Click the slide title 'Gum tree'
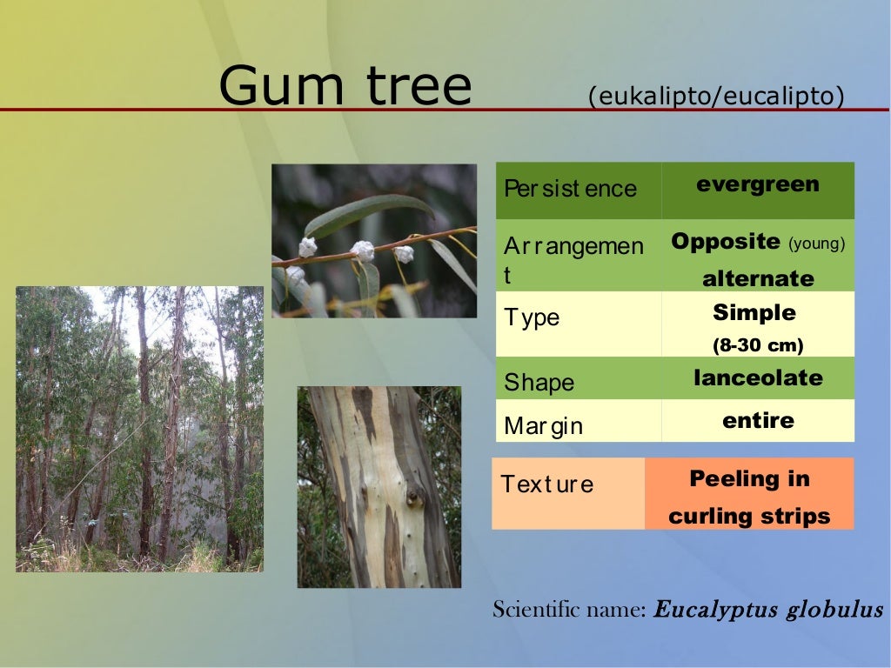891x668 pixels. pos(345,87)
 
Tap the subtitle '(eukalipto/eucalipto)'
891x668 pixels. pos(715,96)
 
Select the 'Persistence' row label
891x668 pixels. pos(570,189)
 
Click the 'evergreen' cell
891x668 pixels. pos(758,184)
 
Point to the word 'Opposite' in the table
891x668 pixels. pos(726,242)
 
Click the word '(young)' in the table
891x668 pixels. pos(816,244)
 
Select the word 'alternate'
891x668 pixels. pos(758,279)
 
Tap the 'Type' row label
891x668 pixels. pos(532,317)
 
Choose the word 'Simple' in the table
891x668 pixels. pos(754,312)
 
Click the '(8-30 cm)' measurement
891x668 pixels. pos(758,345)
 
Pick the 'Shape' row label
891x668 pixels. pos(539,383)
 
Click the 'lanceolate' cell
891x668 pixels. pos(758,378)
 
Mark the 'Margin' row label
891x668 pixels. pos(543,426)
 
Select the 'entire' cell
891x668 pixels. pos(758,421)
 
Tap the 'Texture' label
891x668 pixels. pos(546,484)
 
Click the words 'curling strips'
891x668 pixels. pos(749,517)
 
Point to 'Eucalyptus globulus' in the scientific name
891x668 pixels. pos(768,610)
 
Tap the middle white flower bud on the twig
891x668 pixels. pos(362,251)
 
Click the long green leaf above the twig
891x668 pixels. pos(370,211)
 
